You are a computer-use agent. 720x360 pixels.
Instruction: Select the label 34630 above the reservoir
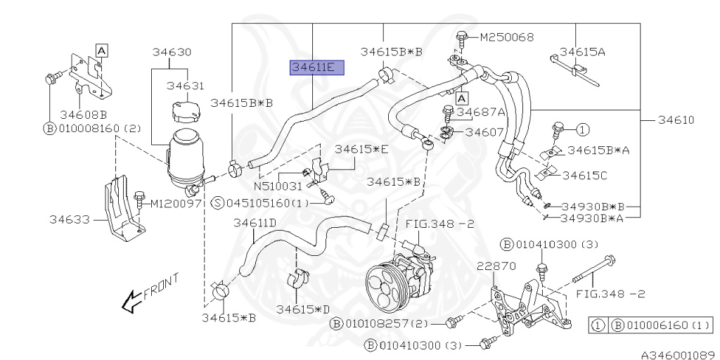(x=172, y=52)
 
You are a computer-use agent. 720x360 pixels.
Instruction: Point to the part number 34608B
(x=83, y=114)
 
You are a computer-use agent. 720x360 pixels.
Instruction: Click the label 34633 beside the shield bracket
(x=69, y=219)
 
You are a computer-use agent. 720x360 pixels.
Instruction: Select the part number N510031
(x=278, y=187)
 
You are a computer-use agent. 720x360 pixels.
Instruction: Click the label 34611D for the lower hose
(x=255, y=224)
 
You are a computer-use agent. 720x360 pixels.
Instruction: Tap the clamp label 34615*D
(x=303, y=309)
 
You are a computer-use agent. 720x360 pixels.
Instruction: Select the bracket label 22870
(x=496, y=266)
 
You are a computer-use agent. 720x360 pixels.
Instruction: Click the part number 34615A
(x=581, y=51)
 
